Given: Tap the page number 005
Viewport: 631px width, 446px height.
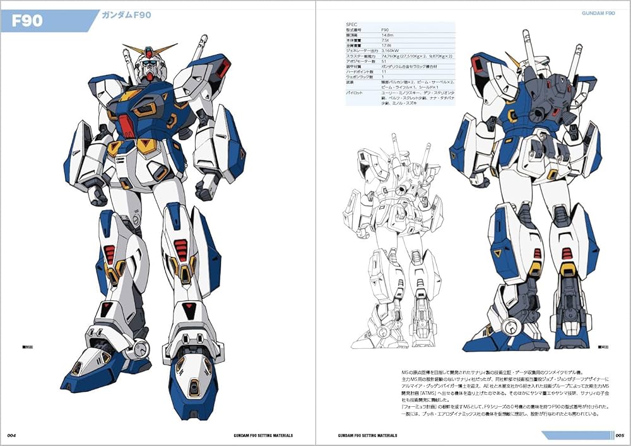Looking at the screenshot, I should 620,435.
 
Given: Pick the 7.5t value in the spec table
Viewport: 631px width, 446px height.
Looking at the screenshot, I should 386,42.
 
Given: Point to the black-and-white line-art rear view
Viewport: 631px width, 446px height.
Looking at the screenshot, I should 394,240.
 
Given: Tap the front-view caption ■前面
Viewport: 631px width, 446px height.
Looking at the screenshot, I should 28,346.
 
